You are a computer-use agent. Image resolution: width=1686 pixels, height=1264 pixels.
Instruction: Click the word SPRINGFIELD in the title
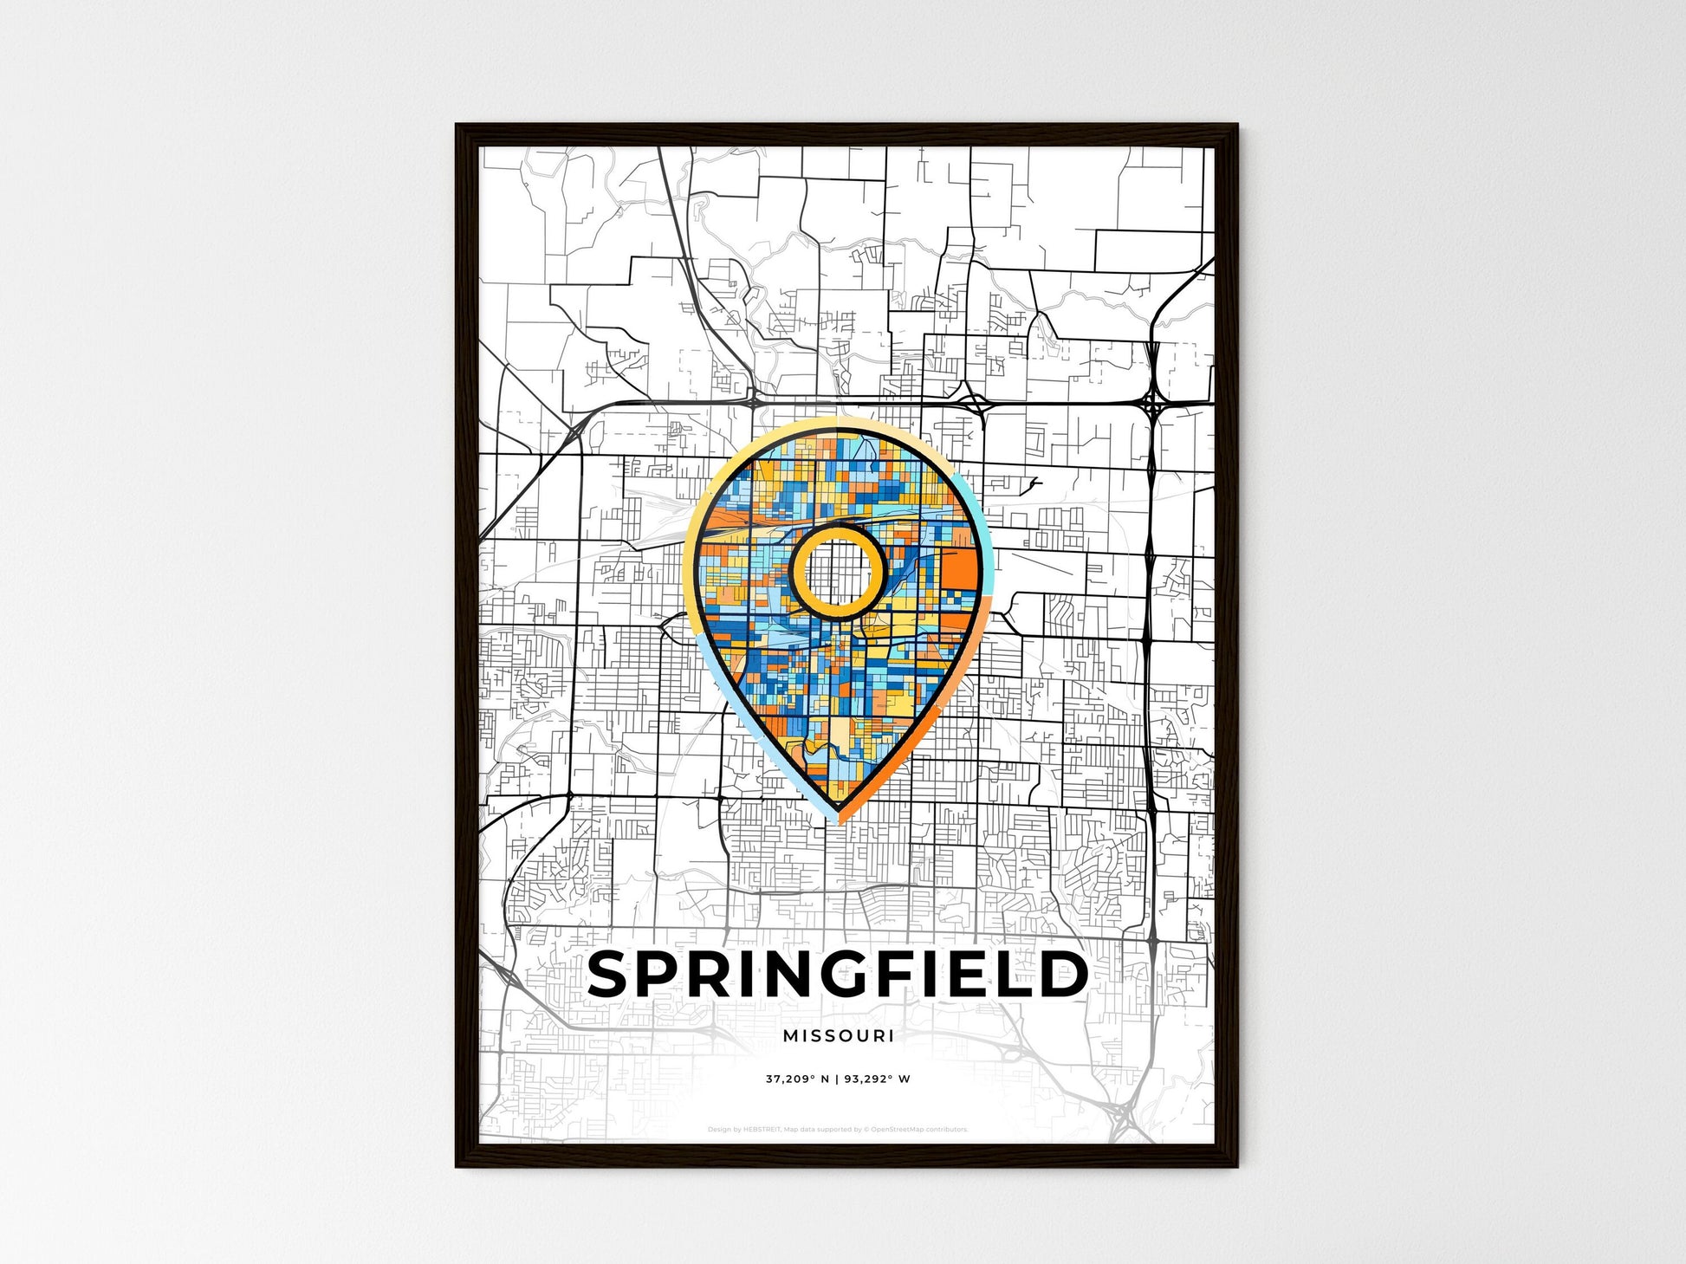coord(838,974)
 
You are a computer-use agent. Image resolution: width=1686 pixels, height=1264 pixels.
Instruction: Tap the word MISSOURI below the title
coord(838,1035)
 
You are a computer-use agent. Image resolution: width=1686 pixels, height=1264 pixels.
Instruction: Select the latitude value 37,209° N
coord(797,1079)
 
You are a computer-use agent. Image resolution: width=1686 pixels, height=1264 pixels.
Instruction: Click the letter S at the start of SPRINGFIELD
coord(612,974)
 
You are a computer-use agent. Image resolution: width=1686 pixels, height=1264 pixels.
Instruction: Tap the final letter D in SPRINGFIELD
coord(1064,974)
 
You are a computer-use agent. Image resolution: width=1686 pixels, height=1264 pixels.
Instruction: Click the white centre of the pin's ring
coord(837,571)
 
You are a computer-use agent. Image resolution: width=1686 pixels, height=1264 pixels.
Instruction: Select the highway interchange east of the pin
coord(1153,404)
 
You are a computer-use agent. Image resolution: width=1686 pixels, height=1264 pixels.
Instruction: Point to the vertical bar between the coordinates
coord(837,1079)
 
